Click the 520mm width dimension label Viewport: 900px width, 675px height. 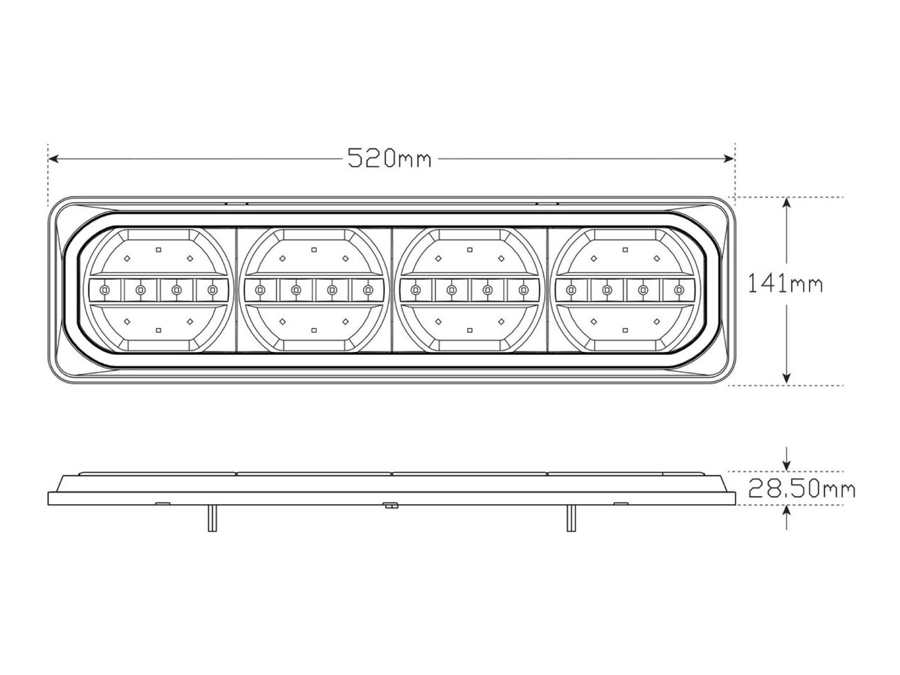click(389, 157)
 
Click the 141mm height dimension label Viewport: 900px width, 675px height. click(785, 283)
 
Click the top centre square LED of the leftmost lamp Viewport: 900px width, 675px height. click(157, 250)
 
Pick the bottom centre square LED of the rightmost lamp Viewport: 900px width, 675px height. click(625, 331)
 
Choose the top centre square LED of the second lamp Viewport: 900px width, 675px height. click(314, 250)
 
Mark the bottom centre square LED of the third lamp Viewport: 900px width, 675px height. click(470, 331)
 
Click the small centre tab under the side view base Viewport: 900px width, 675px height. click(389, 505)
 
